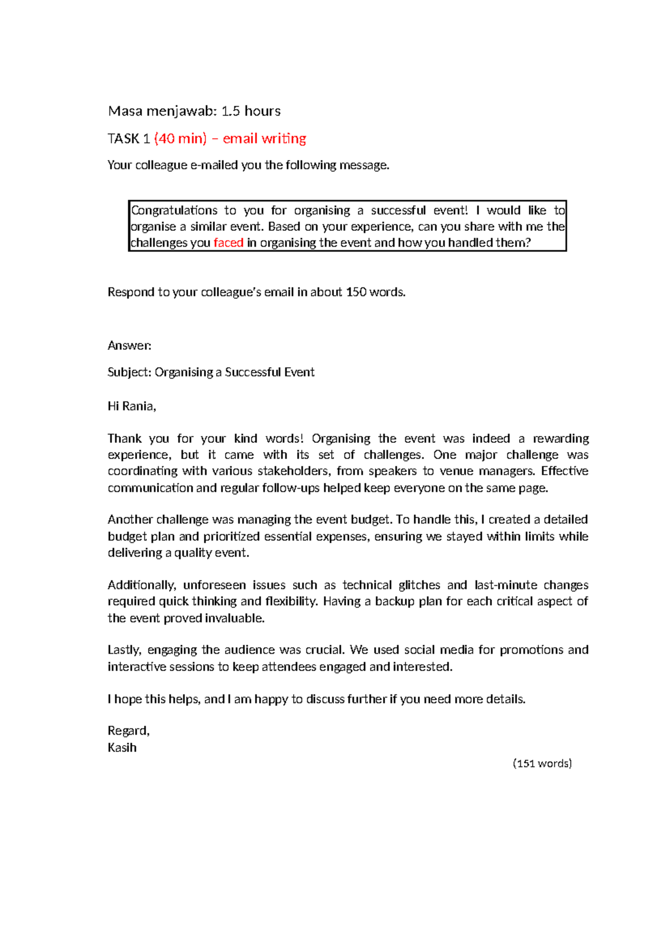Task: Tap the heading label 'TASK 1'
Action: click(128, 138)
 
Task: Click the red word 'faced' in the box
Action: click(228, 243)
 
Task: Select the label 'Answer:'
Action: click(130, 345)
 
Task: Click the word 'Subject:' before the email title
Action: click(129, 372)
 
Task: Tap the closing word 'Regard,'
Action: click(128, 731)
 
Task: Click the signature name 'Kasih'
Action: click(122, 747)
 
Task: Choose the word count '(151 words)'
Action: click(542, 764)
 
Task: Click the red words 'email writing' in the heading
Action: click(264, 138)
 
